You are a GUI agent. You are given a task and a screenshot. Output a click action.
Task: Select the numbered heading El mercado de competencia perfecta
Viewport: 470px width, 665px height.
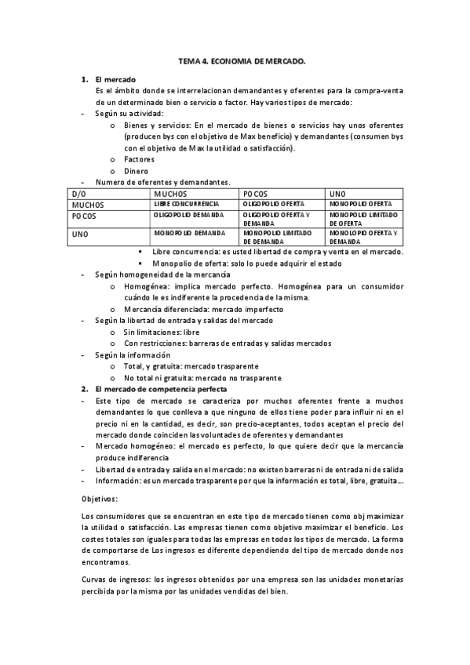(160, 389)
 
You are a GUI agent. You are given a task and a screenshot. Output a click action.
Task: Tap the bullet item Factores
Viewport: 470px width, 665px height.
(139, 159)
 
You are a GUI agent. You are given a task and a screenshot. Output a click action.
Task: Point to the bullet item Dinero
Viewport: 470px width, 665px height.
(136, 171)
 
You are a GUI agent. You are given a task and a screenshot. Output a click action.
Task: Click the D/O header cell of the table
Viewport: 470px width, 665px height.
(78, 193)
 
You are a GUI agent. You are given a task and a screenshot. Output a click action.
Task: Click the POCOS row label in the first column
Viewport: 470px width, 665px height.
(84, 215)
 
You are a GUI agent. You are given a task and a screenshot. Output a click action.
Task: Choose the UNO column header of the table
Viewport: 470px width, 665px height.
(337, 193)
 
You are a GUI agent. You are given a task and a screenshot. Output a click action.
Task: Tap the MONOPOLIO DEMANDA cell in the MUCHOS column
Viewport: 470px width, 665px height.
(188, 233)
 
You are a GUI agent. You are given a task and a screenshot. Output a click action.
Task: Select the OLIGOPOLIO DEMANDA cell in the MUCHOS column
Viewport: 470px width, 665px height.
(188, 214)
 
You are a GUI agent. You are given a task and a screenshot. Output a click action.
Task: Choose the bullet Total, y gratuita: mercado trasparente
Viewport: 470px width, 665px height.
(191, 366)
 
